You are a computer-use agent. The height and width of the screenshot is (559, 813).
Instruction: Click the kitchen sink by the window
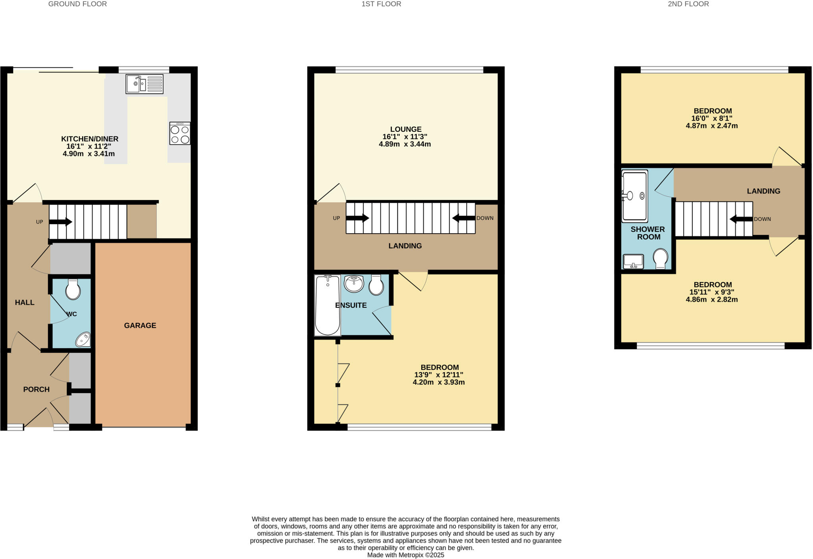144,84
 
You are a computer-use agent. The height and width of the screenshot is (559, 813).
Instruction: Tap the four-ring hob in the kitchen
180,133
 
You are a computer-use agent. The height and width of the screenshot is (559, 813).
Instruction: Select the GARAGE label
140,325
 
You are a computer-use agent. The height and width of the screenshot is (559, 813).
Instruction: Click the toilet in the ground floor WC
73,289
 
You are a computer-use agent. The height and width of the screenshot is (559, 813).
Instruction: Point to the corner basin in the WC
83,340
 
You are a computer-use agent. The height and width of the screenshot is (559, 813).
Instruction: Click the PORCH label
36,389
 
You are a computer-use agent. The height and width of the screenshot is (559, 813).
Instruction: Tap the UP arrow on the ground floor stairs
60,222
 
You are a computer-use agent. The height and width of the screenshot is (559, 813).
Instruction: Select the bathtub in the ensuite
328,305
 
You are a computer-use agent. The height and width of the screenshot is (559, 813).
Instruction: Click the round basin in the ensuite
354,284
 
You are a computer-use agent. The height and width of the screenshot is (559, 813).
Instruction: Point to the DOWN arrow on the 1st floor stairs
464,218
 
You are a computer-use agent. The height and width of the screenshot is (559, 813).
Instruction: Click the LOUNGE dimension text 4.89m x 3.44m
405,144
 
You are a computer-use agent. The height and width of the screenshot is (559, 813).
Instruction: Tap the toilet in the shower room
661,258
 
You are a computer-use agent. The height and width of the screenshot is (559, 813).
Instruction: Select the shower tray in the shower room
634,196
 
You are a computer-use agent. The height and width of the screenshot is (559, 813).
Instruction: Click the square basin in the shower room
633,261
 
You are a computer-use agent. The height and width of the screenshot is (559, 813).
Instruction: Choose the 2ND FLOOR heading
688,4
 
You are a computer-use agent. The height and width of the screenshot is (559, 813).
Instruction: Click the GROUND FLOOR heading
77,4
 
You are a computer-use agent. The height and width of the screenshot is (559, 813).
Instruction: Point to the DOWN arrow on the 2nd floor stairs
741,219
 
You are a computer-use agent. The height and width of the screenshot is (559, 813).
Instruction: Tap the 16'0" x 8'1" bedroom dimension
712,118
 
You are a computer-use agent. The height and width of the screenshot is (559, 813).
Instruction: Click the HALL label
25,302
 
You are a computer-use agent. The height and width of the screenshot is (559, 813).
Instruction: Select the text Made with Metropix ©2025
405,555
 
